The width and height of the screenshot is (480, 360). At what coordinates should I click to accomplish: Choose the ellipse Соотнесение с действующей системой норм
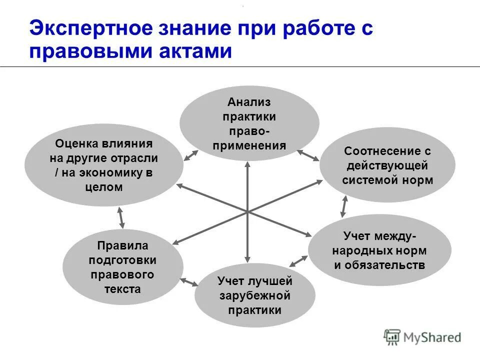(387, 165)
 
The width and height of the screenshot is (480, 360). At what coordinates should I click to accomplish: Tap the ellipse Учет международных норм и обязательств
(379, 250)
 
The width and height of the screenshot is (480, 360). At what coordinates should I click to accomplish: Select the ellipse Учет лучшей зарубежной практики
(254, 295)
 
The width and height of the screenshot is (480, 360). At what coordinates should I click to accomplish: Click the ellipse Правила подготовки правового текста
(122, 267)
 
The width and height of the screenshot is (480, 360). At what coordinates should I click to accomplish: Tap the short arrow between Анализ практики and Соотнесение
(308, 155)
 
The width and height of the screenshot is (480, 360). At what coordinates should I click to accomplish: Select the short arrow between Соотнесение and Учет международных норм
(343, 205)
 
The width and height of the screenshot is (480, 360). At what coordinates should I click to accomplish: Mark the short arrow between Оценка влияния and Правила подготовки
(120, 218)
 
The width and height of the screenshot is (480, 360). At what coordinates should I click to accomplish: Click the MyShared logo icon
(392, 337)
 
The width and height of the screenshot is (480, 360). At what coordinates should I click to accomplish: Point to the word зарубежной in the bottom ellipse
(254, 295)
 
